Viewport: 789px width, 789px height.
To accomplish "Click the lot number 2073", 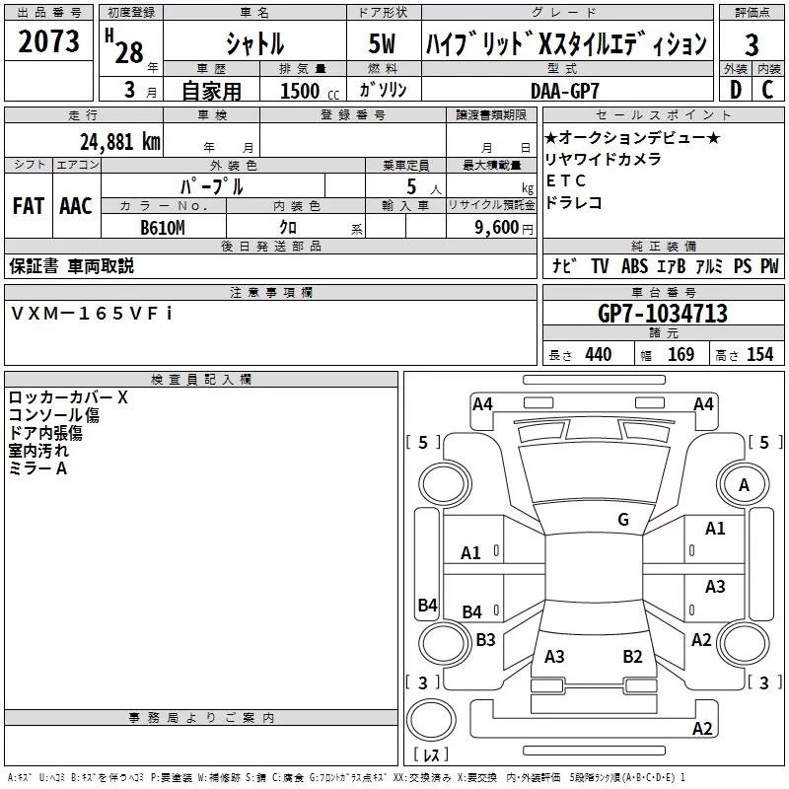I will click(50, 42).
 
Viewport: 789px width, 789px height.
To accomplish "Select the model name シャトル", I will click(254, 43).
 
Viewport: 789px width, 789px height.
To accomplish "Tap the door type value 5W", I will click(384, 43).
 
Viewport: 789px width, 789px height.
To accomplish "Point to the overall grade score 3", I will click(752, 44).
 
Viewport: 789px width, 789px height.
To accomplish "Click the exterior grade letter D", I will click(735, 90).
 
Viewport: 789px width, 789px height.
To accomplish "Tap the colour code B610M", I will click(163, 228).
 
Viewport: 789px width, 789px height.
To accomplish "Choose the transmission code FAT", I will click(28, 206).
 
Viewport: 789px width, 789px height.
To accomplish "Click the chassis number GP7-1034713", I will click(663, 314).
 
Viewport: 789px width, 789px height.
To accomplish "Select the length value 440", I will click(598, 355).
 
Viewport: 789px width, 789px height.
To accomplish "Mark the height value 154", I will click(759, 355).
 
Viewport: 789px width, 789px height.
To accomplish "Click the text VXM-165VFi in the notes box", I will click(92, 313).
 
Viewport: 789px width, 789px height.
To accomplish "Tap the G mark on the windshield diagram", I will click(622, 520).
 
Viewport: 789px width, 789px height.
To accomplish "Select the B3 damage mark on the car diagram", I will click(485, 639).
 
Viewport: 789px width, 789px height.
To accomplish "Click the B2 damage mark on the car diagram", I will click(632, 656).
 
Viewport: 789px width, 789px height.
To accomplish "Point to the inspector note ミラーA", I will click(37, 468).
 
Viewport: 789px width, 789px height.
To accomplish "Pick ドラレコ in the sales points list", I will click(573, 202).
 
